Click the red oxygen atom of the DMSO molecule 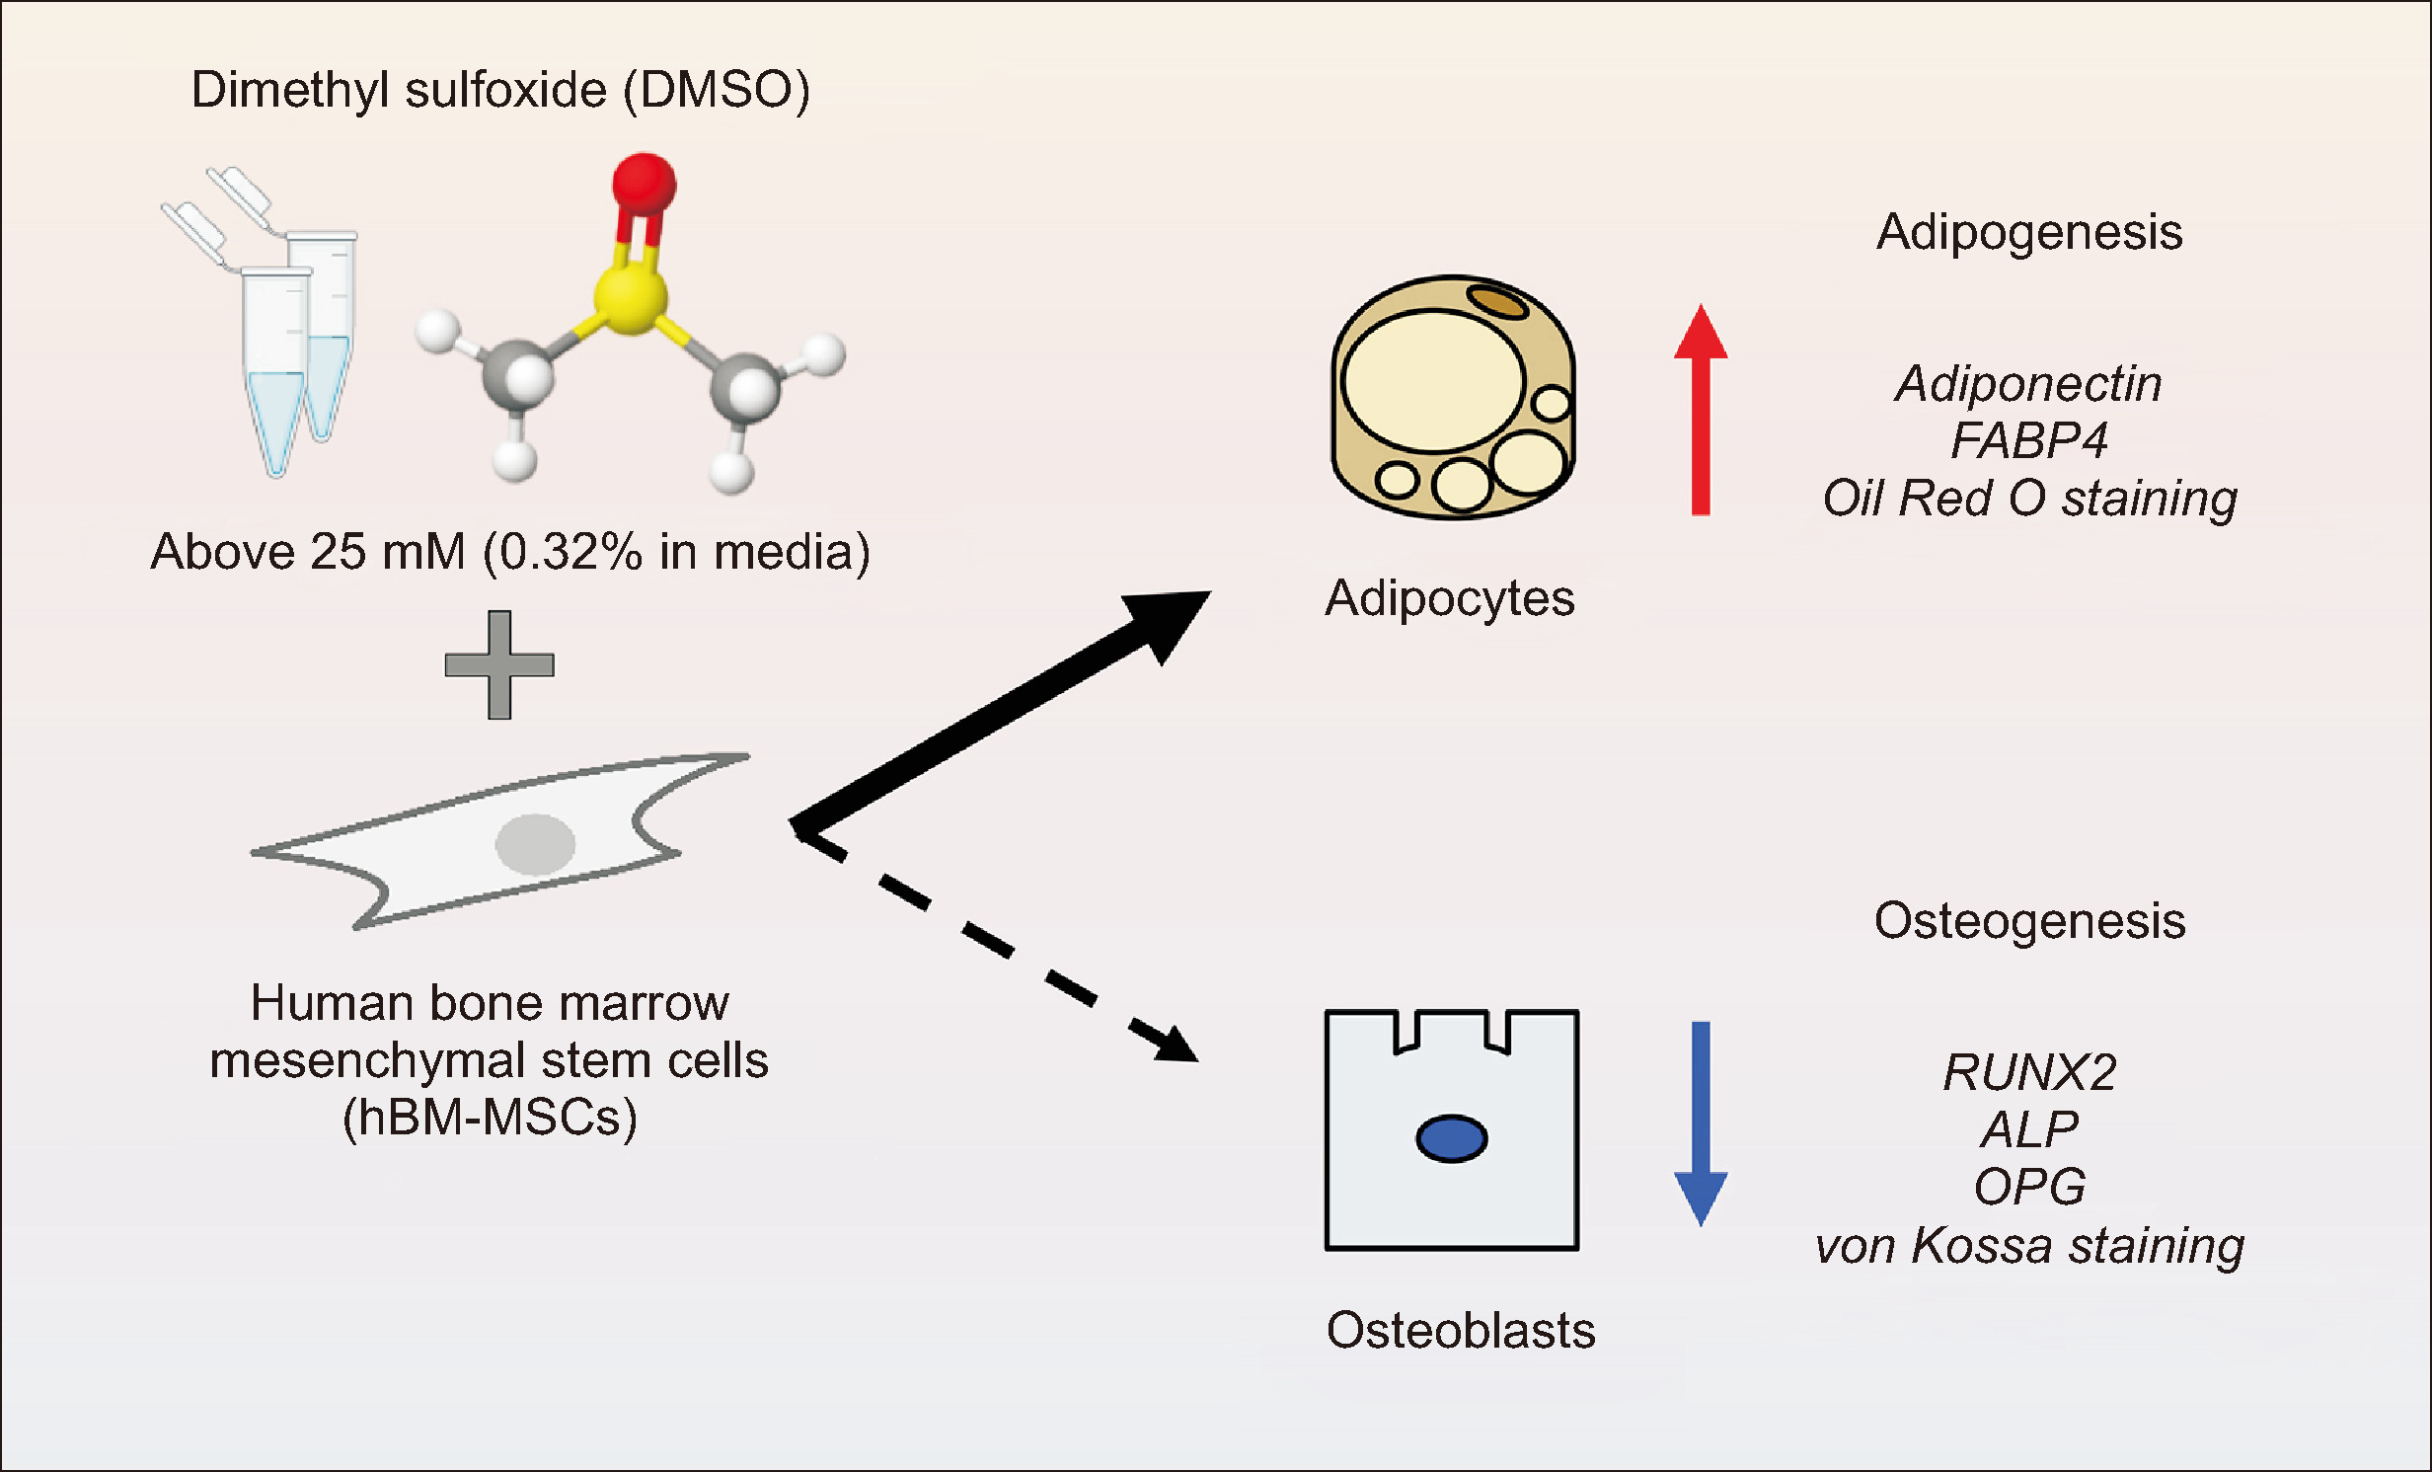point(644,184)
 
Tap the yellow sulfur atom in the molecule point(631,296)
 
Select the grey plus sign point(499,664)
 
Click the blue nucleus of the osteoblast point(1451,1138)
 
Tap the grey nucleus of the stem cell point(535,844)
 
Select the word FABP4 point(2029,440)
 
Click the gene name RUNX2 point(2029,1072)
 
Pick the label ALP point(2029,1129)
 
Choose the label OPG point(2029,1187)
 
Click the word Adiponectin point(2029,383)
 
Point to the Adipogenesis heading point(2029,232)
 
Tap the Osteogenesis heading point(2029,921)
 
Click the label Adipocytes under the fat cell point(1450,598)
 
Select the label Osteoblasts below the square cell point(1461,1330)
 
